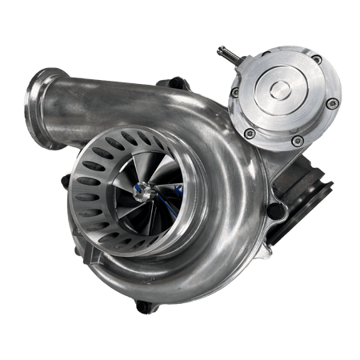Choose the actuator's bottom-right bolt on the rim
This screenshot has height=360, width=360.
pos(298,141)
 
